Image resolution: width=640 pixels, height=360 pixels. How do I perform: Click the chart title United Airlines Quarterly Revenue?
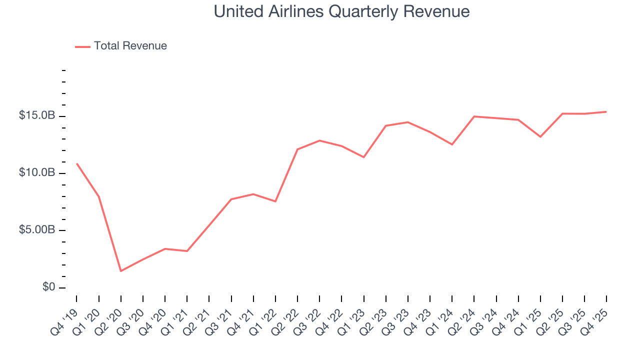(341, 11)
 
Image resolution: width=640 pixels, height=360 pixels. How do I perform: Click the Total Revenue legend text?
(130, 46)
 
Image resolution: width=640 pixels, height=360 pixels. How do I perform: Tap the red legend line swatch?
(82, 46)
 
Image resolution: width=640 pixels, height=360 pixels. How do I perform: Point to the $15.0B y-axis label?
(36, 115)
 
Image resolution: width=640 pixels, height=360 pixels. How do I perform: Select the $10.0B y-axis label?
(36, 172)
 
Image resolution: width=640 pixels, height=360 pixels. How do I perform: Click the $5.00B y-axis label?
(36, 230)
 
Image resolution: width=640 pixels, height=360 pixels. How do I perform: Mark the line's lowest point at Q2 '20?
(121, 271)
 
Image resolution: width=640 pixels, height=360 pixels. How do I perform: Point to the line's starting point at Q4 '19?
(77, 163)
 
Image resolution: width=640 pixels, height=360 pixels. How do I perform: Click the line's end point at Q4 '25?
(606, 111)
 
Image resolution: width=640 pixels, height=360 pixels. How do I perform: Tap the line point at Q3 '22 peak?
(319, 140)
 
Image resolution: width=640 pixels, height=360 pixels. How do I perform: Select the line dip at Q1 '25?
(540, 136)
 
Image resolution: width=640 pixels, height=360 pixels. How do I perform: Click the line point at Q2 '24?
(474, 116)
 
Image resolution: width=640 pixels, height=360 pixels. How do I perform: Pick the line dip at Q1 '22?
(275, 201)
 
